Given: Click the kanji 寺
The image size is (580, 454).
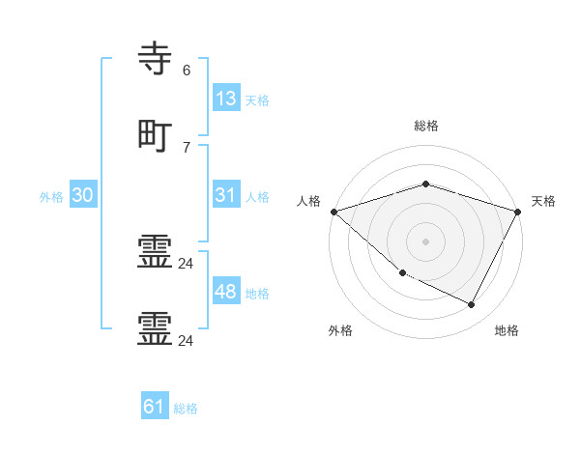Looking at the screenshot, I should pyautogui.click(x=156, y=59).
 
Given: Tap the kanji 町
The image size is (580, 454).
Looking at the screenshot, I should pyautogui.click(x=156, y=134).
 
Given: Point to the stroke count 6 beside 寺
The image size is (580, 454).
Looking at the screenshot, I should pyautogui.click(x=186, y=71).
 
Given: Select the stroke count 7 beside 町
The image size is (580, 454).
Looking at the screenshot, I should pyautogui.click(x=186, y=147).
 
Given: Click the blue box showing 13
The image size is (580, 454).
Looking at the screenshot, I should pyautogui.click(x=225, y=99).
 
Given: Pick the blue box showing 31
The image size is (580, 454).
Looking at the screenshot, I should pyautogui.click(x=225, y=195).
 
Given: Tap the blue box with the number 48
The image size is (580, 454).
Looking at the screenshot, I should pyautogui.click(x=225, y=292).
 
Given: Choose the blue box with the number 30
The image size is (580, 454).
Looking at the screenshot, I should pyautogui.click(x=83, y=195).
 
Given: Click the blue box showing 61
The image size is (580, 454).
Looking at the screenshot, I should pyautogui.click(x=155, y=408).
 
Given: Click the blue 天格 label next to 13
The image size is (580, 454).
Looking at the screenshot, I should pyautogui.click(x=257, y=100).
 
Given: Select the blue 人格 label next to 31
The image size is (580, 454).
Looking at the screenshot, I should pyautogui.click(x=257, y=197).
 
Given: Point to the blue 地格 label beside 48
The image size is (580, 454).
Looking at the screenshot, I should pyautogui.click(x=257, y=294).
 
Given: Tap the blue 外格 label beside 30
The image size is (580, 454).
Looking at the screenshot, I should pyautogui.click(x=51, y=197).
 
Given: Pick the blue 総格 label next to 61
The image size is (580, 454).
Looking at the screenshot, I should pyautogui.click(x=186, y=410).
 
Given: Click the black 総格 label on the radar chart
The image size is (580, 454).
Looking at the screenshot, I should pyautogui.click(x=426, y=126).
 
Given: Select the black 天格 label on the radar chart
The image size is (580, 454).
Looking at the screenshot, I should pyautogui.click(x=543, y=201).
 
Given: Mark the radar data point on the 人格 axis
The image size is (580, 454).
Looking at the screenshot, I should pyautogui.click(x=333, y=212).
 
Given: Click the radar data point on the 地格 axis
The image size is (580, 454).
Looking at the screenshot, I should pyautogui.click(x=472, y=305).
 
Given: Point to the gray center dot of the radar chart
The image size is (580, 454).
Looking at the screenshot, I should pyautogui.click(x=426, y=241).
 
